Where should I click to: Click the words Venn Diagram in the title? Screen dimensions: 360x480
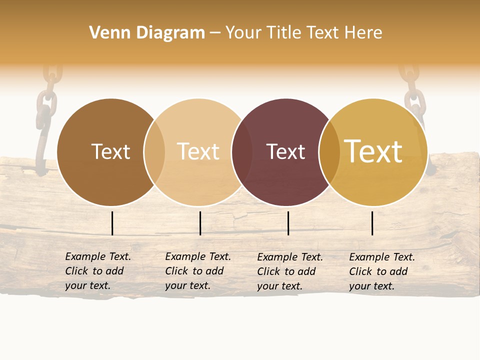[147, 33]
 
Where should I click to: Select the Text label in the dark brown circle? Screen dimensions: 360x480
[110, 152]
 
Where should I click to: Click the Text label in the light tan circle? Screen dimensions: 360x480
[198, 152]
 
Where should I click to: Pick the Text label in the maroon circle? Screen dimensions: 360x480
[285, 152]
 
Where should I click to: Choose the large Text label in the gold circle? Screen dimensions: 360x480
[373, 151]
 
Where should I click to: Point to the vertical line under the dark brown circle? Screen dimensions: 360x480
[112, 223]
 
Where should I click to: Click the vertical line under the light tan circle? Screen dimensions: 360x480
[200, 223]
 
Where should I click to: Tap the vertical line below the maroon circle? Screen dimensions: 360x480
[288, 223]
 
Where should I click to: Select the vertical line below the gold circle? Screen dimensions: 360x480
[372, 223]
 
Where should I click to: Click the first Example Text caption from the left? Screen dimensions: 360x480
[97, 271]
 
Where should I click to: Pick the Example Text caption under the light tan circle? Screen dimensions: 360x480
[197, 271]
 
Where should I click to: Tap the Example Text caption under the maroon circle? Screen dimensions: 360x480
[289, 271]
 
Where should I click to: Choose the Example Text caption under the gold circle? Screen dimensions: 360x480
[381, 271]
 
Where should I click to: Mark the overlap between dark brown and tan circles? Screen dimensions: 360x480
[154, 152]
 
